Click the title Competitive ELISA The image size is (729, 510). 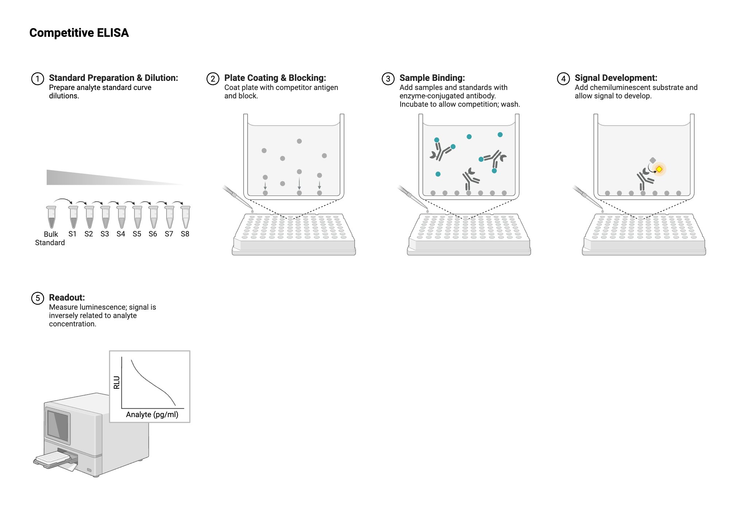point(79,33)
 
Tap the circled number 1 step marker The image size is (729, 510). point(38,79)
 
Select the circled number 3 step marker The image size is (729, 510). point(388,79)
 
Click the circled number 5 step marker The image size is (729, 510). point(38,298)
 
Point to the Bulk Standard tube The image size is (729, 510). point(51,217)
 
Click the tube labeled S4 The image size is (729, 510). point(121,217)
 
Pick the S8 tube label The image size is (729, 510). point(185,234)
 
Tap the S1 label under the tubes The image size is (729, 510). point(73,234)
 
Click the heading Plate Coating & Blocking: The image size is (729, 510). point(275,78)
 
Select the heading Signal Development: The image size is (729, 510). point(616,78)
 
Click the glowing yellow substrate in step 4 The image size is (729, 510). point(659,169)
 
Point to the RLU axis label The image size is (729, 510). point(117,382)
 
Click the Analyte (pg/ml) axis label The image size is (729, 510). point(152,415)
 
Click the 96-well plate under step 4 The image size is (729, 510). point(644,234)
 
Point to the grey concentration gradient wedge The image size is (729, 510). point(115,177)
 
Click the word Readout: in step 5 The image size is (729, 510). point(67,298)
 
